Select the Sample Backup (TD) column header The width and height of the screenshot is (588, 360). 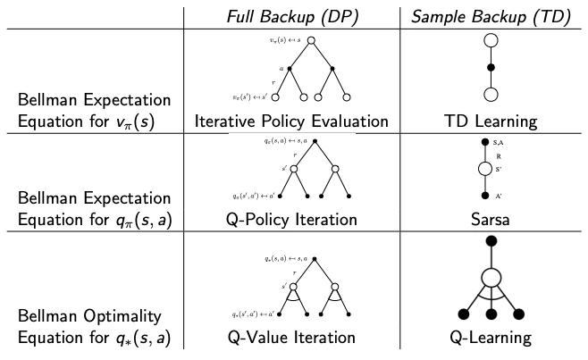488,15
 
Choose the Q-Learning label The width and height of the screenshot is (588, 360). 489,338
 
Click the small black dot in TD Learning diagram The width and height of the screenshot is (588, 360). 489,67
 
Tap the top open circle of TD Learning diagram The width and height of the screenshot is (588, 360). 489,40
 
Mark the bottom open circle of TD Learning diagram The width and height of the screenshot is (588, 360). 489,94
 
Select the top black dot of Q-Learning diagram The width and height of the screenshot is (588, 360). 489,235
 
